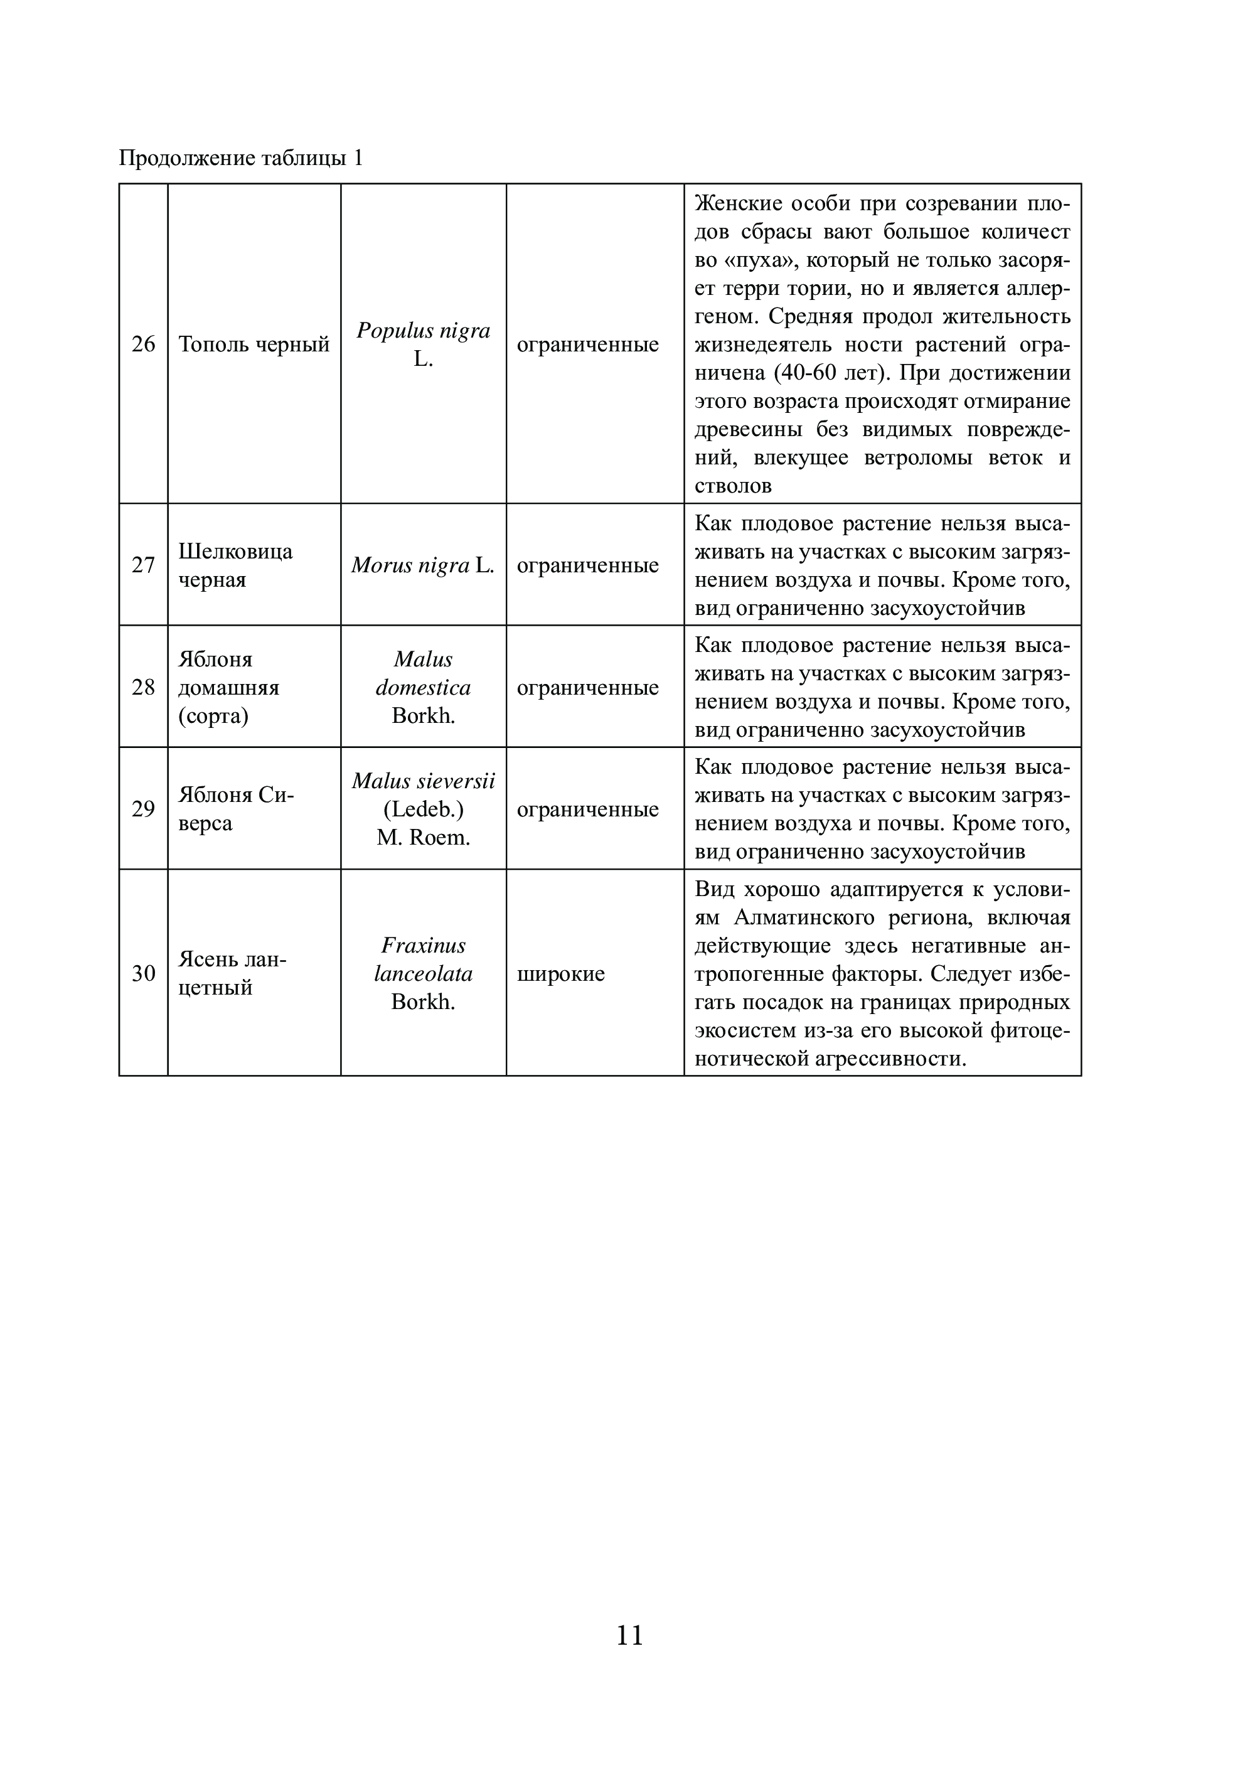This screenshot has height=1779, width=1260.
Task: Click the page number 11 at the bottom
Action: coord(629,1635)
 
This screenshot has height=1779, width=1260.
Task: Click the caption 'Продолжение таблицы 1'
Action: coord(240,158)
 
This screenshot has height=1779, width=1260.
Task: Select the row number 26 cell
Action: coord(144,344)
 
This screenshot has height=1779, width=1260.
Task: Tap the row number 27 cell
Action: coord(144,565)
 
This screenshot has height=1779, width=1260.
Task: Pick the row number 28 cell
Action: coord(144,686)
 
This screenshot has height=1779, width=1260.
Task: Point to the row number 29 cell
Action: coord(144,808)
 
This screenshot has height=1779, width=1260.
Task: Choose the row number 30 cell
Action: coord(144,973)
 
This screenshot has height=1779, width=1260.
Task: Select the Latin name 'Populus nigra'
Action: coord(423,331)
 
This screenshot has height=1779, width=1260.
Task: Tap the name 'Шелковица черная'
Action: coord(235,565)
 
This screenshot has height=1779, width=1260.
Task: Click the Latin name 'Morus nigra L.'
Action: coord(423,565)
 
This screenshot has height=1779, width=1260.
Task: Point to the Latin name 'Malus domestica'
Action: coord(423,673)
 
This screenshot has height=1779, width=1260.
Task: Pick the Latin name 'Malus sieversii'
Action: coord(423,781)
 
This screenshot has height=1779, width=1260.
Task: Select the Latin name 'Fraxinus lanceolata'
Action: coord(423,959)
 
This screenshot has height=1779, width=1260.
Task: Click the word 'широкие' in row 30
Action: coord(561,973)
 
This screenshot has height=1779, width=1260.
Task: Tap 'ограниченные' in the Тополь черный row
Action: coord(587,344)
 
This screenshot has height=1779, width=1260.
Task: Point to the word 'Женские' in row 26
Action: coord(737,203)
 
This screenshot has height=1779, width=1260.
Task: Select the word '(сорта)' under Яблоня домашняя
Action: coord(213,715)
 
